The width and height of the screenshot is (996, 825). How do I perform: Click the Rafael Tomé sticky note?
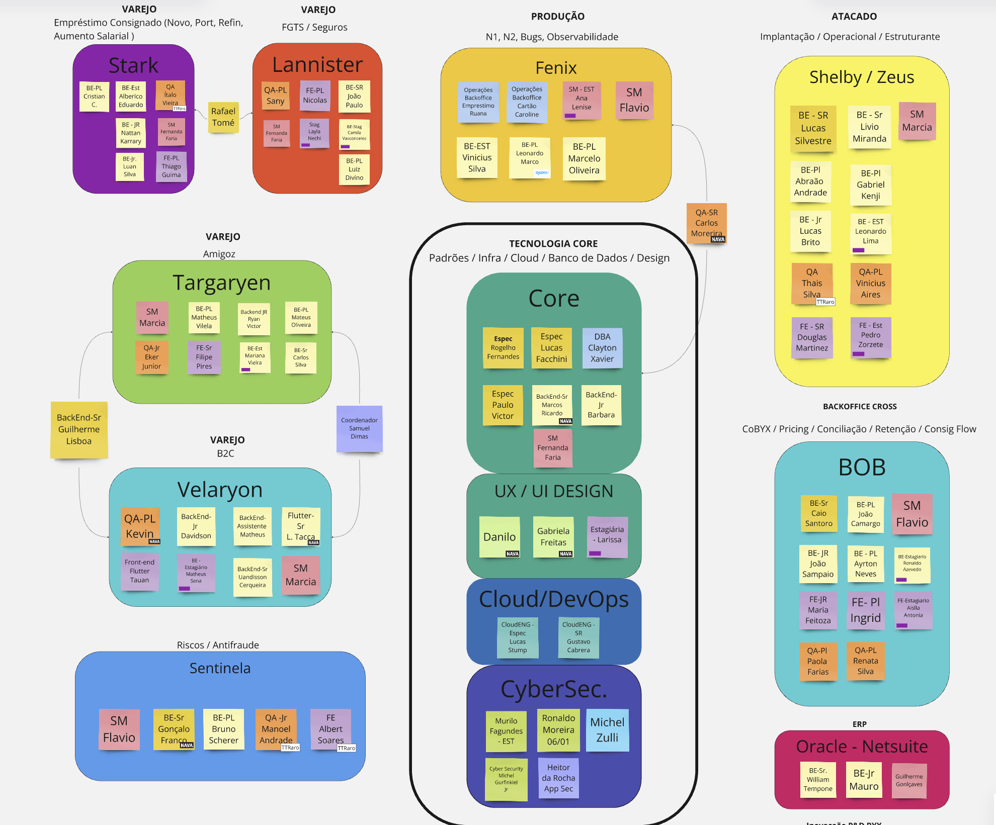pos(223,117)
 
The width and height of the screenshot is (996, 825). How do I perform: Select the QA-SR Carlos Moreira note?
pos(706,223)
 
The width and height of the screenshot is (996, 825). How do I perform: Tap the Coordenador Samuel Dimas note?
pos(359,428)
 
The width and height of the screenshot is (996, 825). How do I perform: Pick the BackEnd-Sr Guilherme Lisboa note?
pos(79,429)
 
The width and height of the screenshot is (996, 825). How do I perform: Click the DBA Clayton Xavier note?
pos(602,348)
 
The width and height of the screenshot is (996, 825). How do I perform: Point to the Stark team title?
pos(133,65)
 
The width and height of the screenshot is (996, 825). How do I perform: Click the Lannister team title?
pos(317,64)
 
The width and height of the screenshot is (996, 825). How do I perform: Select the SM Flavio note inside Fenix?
pos(634,100)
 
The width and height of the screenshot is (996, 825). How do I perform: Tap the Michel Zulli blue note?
pos(607,730)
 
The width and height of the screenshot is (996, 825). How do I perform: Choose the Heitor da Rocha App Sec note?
pos(558,778)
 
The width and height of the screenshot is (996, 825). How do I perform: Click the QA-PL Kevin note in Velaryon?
pos(140,526)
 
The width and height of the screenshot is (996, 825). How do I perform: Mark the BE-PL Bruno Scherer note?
pos(223,729)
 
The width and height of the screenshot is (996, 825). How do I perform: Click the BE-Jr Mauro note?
pos(864,780)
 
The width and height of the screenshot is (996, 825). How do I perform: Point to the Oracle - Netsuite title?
pos(862,747)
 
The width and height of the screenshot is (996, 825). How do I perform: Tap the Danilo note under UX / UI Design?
pos(500,537)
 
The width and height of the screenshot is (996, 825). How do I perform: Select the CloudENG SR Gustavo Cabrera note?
pos(578,637)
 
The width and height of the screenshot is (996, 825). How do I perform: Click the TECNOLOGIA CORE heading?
pos(553,244)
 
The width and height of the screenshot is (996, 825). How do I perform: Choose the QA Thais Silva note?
pos(812,284)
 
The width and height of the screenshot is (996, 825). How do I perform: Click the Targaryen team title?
pos(221,283)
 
